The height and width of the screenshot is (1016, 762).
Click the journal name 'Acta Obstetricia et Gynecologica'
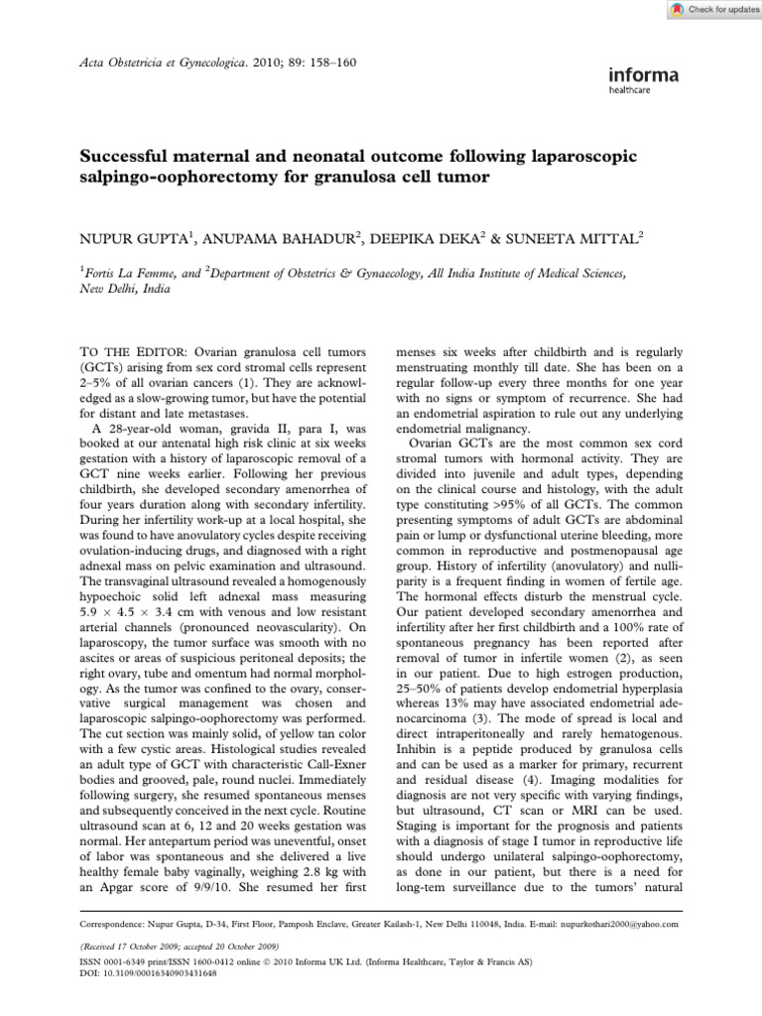tap(174, 63)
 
